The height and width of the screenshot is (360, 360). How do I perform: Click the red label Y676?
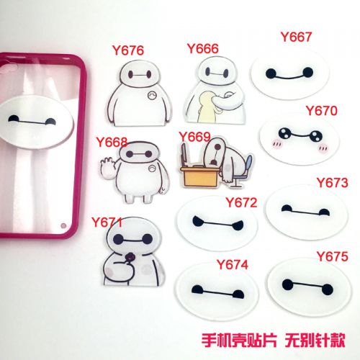pyautogui.click(x=128, y=50)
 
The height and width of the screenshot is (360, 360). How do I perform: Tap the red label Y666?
pyautogui.click(x=203, y=49)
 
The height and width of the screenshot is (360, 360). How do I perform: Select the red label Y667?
pyautogui.click(x=296, y=37)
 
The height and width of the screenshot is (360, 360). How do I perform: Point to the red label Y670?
pyautogui.click(x=322, y=111)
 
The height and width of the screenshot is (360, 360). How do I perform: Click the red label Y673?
pyautogui.click(x=333, y=183)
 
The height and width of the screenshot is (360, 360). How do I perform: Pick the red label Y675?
pyautogui.click(x=333, y=256)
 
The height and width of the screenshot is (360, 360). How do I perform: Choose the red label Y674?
pyautogui.click(x=233, y=265)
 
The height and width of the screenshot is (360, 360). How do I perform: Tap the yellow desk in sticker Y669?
pyautogui.click(x=200, y=176)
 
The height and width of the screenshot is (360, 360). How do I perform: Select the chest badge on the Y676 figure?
pyautogui.click(x=152, y=96)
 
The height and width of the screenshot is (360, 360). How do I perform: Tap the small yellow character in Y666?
pyautogui.click(x=206, y=107)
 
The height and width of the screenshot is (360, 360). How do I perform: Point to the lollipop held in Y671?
pyautogui.click(x=130, y=258)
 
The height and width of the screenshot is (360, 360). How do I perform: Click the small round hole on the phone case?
pyautogui.click(x=63, y=225)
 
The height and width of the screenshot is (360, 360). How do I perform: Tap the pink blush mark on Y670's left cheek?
pyautogui.click(x=276, y=144)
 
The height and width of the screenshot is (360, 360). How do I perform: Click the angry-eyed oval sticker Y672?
pyautogui.click(x=217, y=222)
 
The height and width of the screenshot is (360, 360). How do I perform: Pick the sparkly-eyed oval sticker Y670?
pyautogui.click(x=300, y=139)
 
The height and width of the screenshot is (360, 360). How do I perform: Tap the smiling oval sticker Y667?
pyautogui.click(x=290, y=73)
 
